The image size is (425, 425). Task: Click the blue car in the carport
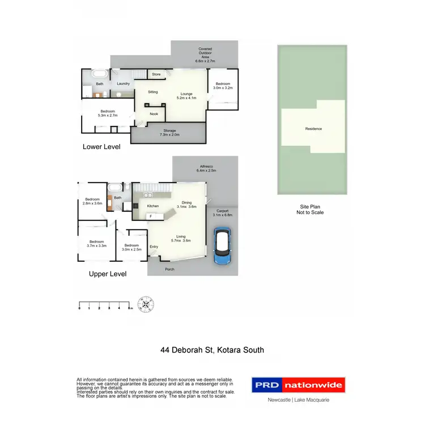pos(222,246)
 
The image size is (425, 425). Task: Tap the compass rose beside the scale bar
pos(147,304)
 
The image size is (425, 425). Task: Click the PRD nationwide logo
pos(298,385)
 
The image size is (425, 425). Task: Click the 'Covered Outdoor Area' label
pos(205,54)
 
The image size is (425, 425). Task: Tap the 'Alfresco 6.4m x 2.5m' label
pos(206,168)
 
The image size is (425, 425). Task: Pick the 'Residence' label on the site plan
pos(313,129)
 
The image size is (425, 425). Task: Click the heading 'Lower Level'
pos(101,146)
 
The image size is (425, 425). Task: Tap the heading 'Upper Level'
pos(108,274)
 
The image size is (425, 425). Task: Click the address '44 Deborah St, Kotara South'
pos(212,350)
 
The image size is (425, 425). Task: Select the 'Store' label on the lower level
pos(156,74)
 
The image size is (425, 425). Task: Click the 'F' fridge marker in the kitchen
pos(151,216)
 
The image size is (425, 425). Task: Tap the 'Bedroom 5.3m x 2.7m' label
pos(108,113)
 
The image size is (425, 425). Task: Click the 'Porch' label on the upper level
pos(169,269)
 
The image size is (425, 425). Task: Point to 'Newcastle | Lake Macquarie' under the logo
pos(298,400)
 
